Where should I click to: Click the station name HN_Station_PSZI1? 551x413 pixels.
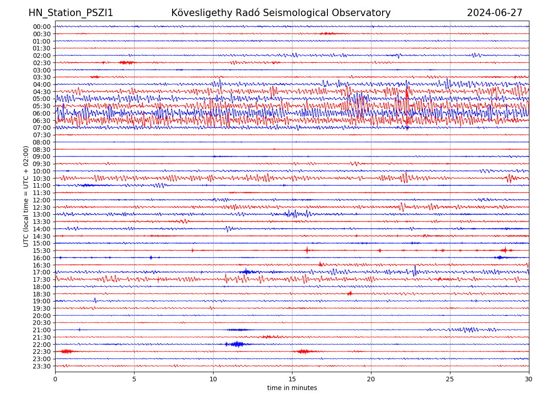71,13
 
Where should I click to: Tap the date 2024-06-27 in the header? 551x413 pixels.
495,13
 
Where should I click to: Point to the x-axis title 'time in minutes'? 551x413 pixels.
292,388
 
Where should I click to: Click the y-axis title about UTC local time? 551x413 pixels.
26,196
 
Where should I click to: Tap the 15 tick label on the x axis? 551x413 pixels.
292,379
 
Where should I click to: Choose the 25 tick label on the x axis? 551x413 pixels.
450,379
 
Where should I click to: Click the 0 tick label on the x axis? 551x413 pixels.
55,379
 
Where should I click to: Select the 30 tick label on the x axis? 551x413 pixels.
529,379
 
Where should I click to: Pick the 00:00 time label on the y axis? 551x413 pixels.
41,27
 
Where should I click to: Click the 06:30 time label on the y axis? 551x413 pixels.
41,121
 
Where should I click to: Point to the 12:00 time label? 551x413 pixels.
41,200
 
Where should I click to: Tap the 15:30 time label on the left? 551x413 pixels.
41,251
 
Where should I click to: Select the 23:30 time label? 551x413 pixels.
41,366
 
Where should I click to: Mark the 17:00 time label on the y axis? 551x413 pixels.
41,272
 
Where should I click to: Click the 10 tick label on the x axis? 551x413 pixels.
213,379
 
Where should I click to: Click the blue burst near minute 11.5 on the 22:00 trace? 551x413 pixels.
236,344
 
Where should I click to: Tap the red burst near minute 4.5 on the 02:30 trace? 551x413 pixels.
126,62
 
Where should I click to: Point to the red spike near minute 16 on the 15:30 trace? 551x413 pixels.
307,250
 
